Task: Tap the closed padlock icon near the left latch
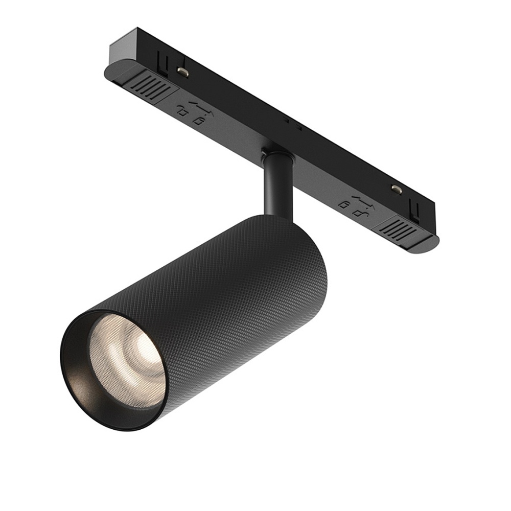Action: point(182,112)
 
